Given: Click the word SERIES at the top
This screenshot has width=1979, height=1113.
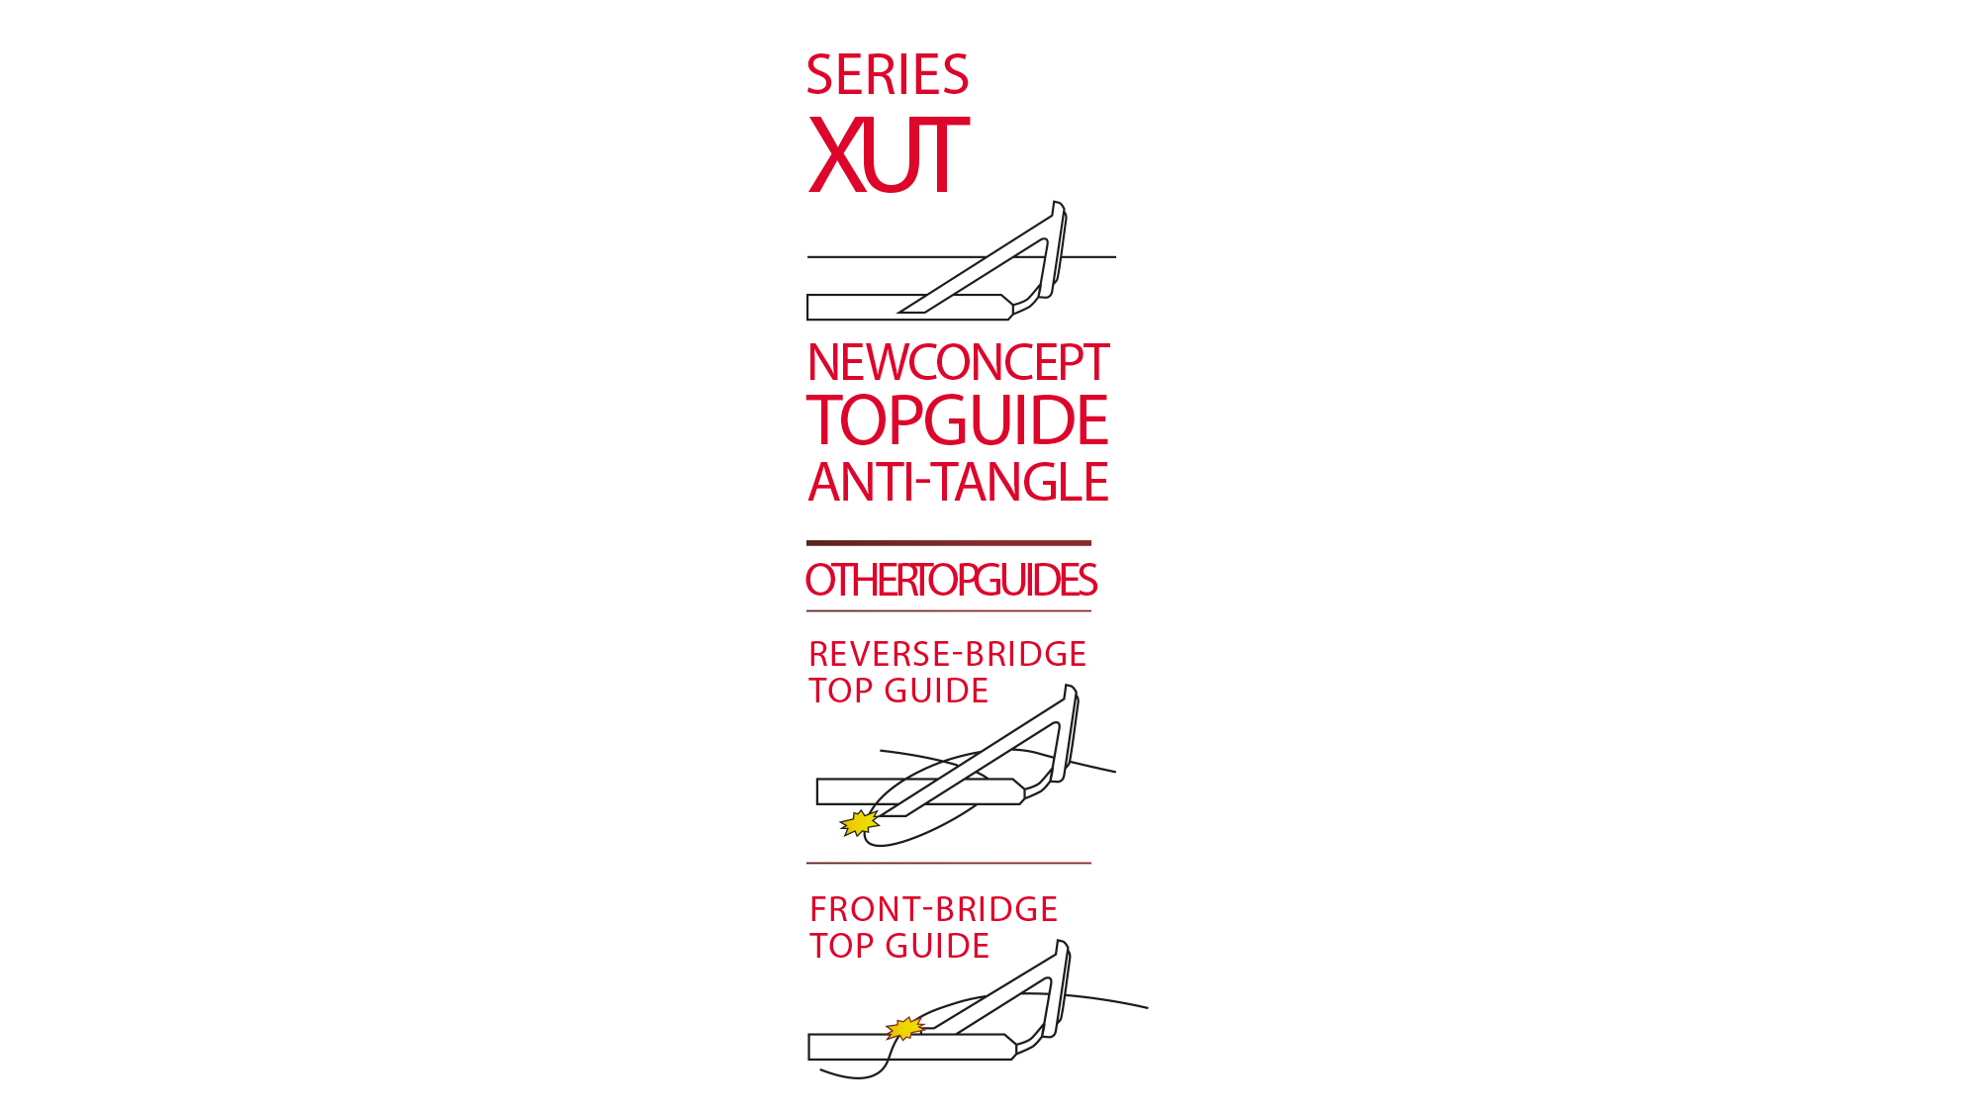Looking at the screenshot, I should coord(888,75).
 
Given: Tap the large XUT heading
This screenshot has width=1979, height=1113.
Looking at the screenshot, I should coord(888,154).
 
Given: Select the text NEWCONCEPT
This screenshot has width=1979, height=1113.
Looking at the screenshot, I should coord(958,363).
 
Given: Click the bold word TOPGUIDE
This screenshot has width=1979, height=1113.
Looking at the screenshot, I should coord(958,420).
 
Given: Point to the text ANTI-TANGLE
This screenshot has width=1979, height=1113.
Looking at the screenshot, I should coord(958,483).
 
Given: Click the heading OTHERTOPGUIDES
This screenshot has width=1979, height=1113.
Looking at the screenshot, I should coord(951,581).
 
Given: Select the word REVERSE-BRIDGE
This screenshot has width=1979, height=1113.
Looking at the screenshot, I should coord(947,655).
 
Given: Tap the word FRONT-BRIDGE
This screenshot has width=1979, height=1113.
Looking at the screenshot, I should coord(933,910).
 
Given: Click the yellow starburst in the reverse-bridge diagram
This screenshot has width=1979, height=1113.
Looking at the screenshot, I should coord(859,822).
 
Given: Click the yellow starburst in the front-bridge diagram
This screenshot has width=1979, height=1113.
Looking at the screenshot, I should coord(904,1029).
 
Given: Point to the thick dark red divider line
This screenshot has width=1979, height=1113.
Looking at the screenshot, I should coord(948,543).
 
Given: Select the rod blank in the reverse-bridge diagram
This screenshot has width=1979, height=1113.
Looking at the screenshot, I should coord(851,791).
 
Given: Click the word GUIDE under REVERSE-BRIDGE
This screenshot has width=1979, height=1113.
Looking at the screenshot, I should coord(936,692).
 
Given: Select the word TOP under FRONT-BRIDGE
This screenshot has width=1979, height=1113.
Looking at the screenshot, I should coord(841,947).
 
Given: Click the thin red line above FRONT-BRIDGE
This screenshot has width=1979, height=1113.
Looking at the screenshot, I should coord(948,864).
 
